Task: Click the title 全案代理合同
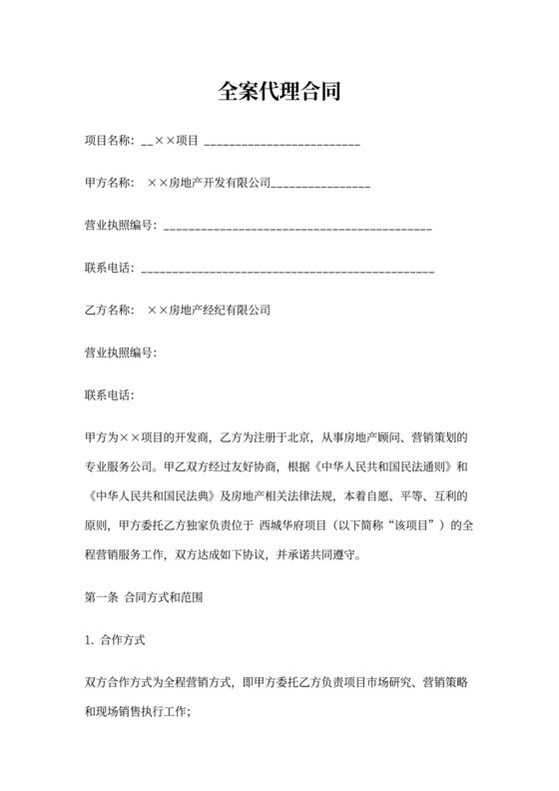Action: pos(279,93)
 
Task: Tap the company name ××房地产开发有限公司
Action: pos(209,183)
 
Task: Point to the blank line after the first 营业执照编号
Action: pos(296,229)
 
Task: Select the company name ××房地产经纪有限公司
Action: pos(209,311)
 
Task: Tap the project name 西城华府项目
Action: pos(292,523)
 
